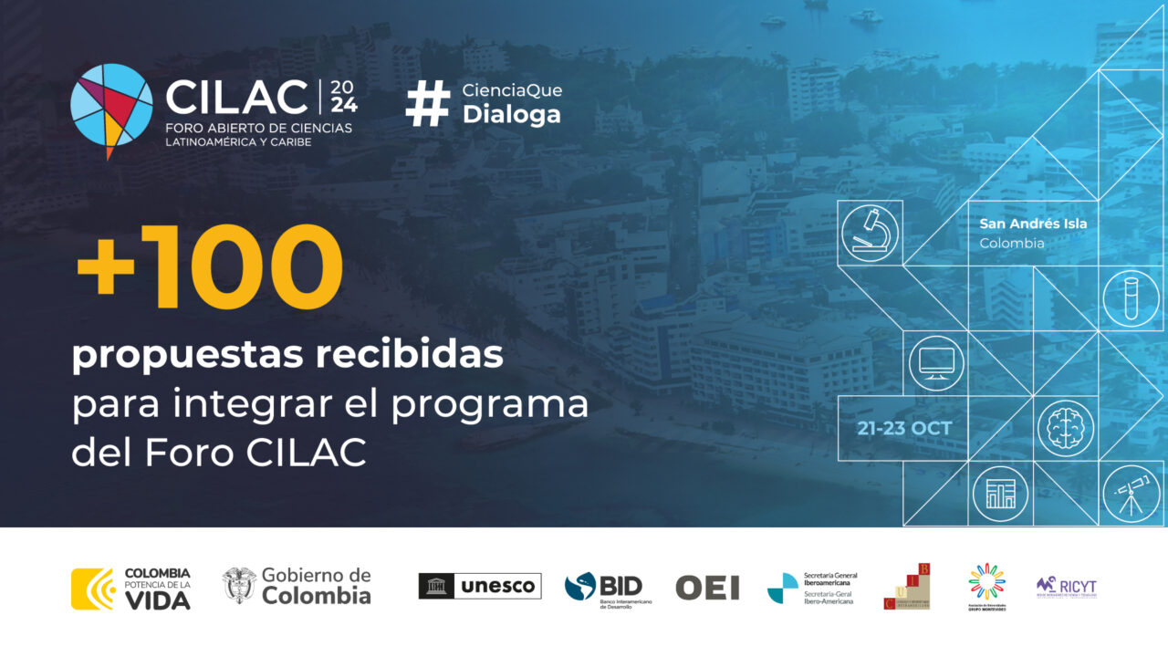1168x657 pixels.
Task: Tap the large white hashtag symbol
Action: [x=428, y=103]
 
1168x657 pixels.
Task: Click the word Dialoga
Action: [x=511, y=115]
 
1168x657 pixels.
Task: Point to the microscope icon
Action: [x=870, y=233]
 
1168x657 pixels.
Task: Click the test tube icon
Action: [x=1131, y=298]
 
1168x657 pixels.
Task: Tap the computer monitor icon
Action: [x=936, y=363]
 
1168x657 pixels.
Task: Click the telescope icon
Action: [x=1131, y=494]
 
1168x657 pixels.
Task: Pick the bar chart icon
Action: [x=1000, y=494]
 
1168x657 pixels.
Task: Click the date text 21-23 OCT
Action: [x=904, y=429]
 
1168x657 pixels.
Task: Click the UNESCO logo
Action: [x=480, y=586]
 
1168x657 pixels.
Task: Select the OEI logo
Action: [x=707, y=588]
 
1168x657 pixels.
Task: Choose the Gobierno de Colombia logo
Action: [x=297, y=586]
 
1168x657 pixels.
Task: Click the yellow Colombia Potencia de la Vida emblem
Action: [x=93, y=589]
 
